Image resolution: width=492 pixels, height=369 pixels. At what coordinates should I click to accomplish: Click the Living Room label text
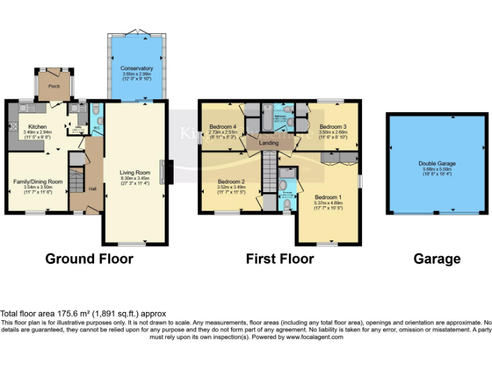tap(135, 172)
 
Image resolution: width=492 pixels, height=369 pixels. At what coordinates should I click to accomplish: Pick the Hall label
tap(92, 189)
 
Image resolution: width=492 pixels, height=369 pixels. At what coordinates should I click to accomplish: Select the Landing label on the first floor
tap(268, 143)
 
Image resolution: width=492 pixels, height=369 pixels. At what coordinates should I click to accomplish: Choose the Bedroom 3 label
tap(332, 126)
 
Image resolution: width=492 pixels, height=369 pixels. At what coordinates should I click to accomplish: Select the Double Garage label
tap(436, 163)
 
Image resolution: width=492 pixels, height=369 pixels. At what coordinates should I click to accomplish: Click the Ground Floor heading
tap(89, 259)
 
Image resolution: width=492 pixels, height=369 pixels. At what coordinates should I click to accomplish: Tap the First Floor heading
tap(280, 259)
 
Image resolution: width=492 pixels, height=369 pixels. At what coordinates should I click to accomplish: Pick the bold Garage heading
tap(436, 259)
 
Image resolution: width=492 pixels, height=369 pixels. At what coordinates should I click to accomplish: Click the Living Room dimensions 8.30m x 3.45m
tap(135, 178)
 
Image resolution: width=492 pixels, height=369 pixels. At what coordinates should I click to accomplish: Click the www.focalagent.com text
tap(315, 337)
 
